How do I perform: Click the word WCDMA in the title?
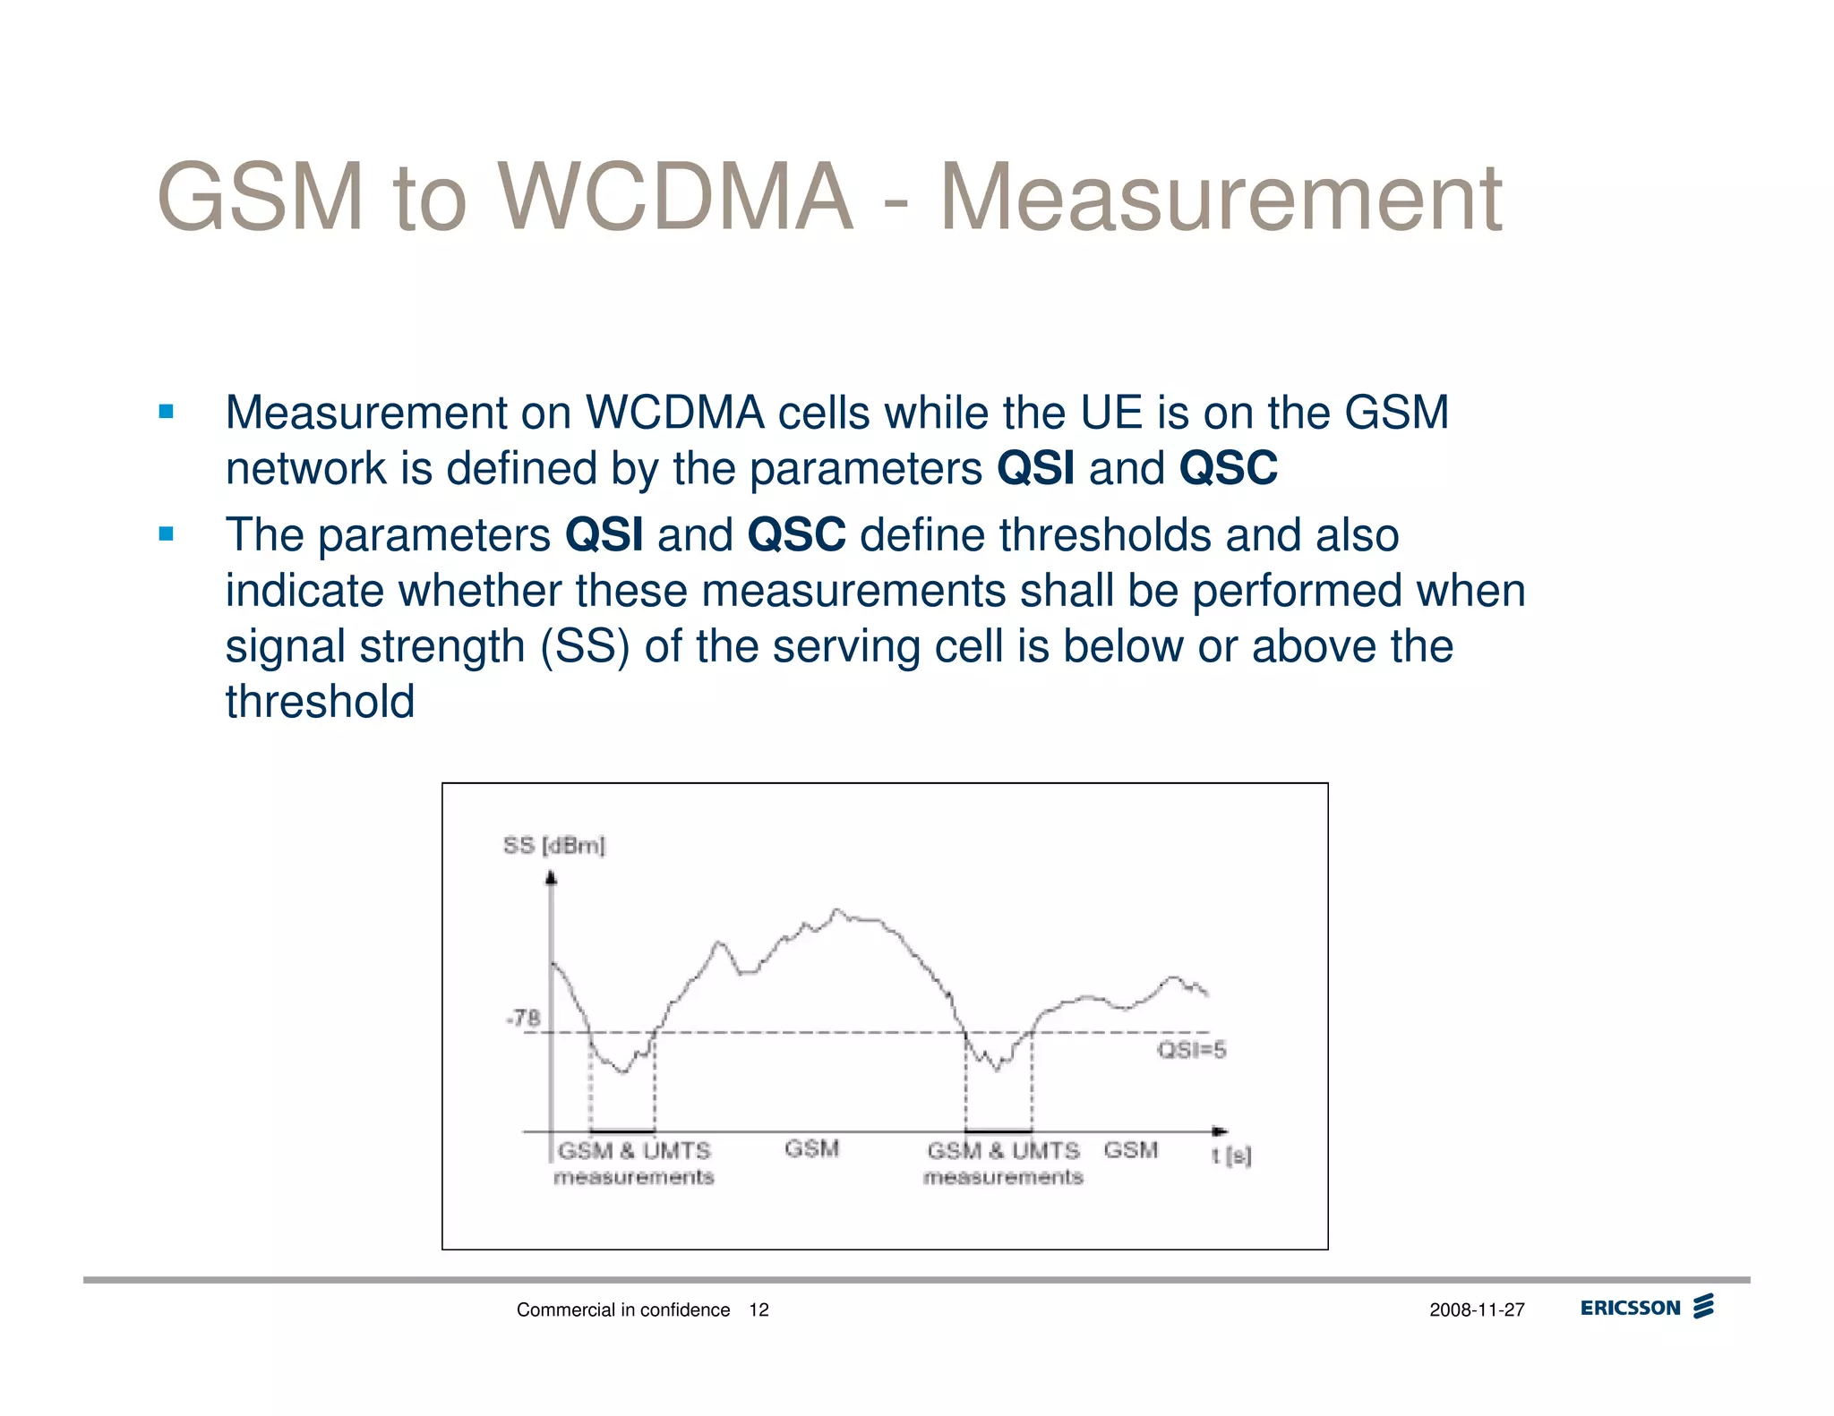(x=676, y=197)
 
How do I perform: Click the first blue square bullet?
(x=166, y=412)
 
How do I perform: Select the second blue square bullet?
(x=166, y=534)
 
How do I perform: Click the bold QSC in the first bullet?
(x=1228, y=468)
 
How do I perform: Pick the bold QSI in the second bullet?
(x=604, y=535)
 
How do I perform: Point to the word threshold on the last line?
(x=320, y=701)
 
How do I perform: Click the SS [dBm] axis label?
(x=553, y=845)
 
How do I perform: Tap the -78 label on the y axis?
(x=524, y=1018)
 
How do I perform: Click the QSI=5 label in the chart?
(x=1191, y=1050)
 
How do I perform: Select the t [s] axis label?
(x=1231, y=1156)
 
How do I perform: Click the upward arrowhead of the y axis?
(x=551, y=877)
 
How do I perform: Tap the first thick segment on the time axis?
(x=622, y=1131)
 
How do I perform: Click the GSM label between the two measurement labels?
(x=811, y=1148)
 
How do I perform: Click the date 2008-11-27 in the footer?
(x=1477, y=1309)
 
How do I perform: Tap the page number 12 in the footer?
(x=758, y=1309)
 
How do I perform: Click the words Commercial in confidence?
(x=623, y=1309)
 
